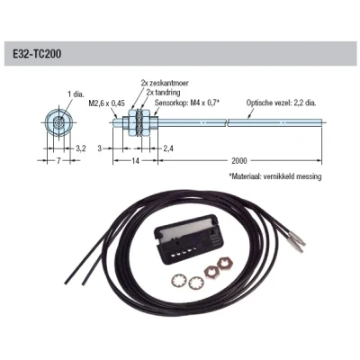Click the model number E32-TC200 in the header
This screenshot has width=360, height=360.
pyautogui.click(x=37, y=54)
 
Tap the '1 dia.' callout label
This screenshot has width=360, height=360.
pyautogui.click(x=76, y=94)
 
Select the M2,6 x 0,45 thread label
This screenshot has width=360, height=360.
pyautogui.click(x=106, y=103)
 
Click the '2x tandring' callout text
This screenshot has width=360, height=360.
pyautogui.click(x=164, y=92)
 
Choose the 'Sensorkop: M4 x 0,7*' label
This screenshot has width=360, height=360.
pyautogui.click(x=187, y=103)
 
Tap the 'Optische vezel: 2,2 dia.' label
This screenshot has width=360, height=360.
pyautogui.click(x=282, y=103)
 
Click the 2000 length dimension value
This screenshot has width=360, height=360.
pyautogui.click(x=239, y=161)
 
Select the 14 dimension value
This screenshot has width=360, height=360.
pyautogui.click(x=136, y=161)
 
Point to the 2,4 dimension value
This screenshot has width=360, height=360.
pyautogui.click(x=168, y=148)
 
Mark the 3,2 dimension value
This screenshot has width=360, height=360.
pyautogui.click(x=80, y=148)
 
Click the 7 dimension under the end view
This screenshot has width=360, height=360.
pyautogui.click(x=58, y=161)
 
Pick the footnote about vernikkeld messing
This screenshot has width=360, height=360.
pyautogui.click(x=275, y=176)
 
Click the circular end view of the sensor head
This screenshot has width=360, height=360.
pyautogui.click(x=58, y=122)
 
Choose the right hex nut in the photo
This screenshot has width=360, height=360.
pyautogui.click(x=225, y=264)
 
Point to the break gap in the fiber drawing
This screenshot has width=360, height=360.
pyautogui.click(x=227, y=122)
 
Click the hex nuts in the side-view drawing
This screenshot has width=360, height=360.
pyautogui.click(x=139, y=122)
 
